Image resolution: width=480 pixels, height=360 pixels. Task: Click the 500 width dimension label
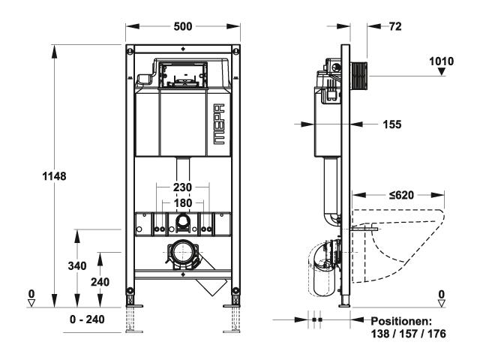183,26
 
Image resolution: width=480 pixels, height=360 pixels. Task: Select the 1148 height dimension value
54,176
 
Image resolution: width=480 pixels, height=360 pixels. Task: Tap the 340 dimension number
77,265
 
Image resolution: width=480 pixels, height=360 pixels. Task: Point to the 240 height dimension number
100,282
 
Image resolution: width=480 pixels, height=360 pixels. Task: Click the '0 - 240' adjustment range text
87,319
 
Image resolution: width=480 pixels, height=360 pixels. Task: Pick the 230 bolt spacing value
182,187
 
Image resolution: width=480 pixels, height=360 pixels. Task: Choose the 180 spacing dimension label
183,202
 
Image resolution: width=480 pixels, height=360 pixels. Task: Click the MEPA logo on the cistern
219,124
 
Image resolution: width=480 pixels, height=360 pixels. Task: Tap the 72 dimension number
395,26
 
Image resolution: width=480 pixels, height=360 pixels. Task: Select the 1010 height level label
442,61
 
